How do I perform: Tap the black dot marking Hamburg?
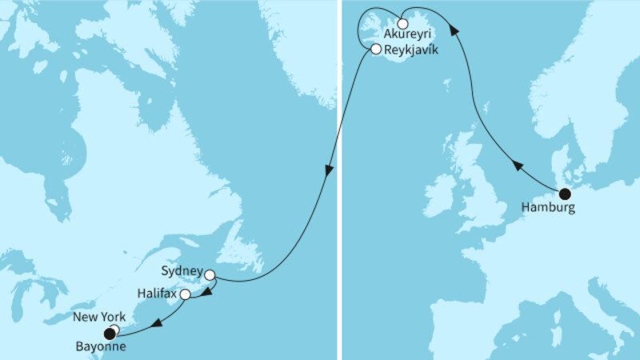tap(565, 193)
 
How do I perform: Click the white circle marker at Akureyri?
tap(402, 23)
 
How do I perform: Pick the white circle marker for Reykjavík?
tap(376, 50)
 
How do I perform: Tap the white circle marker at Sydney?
tap(210, 275)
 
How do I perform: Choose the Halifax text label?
tap(156, 294)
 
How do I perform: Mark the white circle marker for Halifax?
tap(186, 294)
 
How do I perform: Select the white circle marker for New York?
tap(114, 329)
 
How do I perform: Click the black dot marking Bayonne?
tap(109, 334)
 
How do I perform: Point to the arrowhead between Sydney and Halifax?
tap(206, 293)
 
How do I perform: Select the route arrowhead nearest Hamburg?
tap(517, 166)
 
